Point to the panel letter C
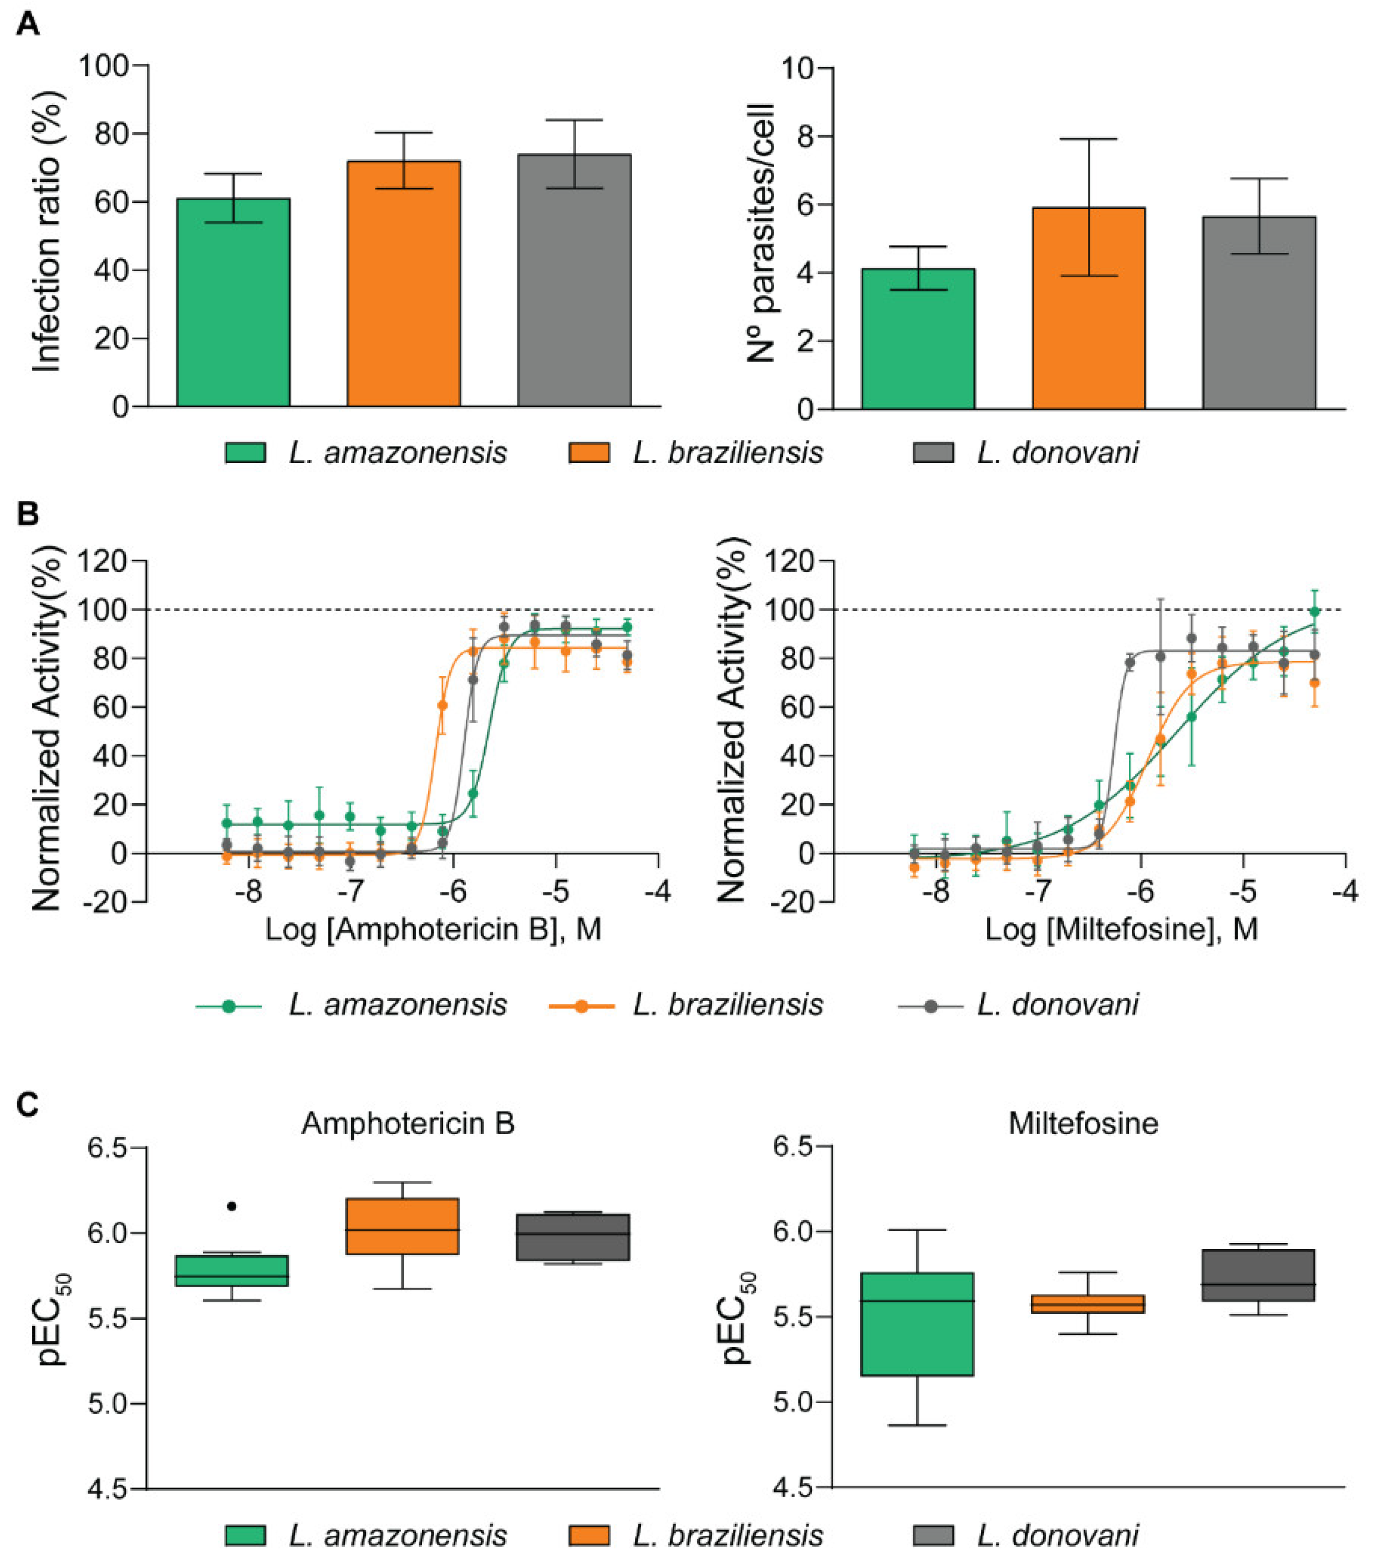28,1105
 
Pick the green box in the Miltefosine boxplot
917,1324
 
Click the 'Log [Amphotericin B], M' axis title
433,929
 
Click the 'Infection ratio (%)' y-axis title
48,232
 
